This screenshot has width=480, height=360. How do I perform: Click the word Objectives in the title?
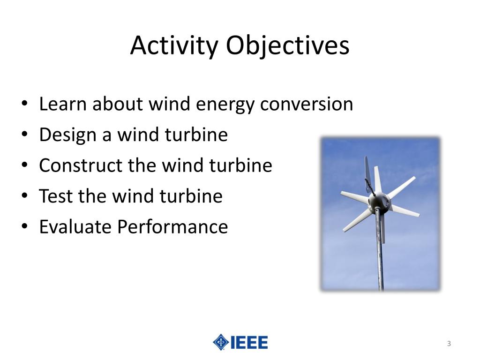point(287,46)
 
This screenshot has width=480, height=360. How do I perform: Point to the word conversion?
point(307,104)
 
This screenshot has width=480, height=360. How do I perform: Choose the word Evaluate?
point(75,227)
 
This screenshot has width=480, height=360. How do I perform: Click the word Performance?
point(172,227)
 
